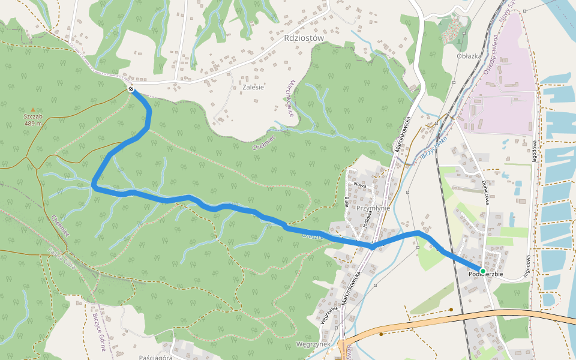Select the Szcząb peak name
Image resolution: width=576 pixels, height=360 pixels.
[33, 116]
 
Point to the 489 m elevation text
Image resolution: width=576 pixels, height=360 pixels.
[33, 124]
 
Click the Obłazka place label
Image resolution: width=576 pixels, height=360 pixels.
[469, 56]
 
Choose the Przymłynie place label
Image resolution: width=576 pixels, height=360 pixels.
[373, 208]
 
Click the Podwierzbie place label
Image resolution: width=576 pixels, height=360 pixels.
[485, 275]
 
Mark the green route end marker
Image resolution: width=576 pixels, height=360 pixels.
[482, 271]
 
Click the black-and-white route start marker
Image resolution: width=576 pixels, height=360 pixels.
[131, 89]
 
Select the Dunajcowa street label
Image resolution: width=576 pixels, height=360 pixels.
[483, 191]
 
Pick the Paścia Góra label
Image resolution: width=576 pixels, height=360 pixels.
[156, 356]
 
